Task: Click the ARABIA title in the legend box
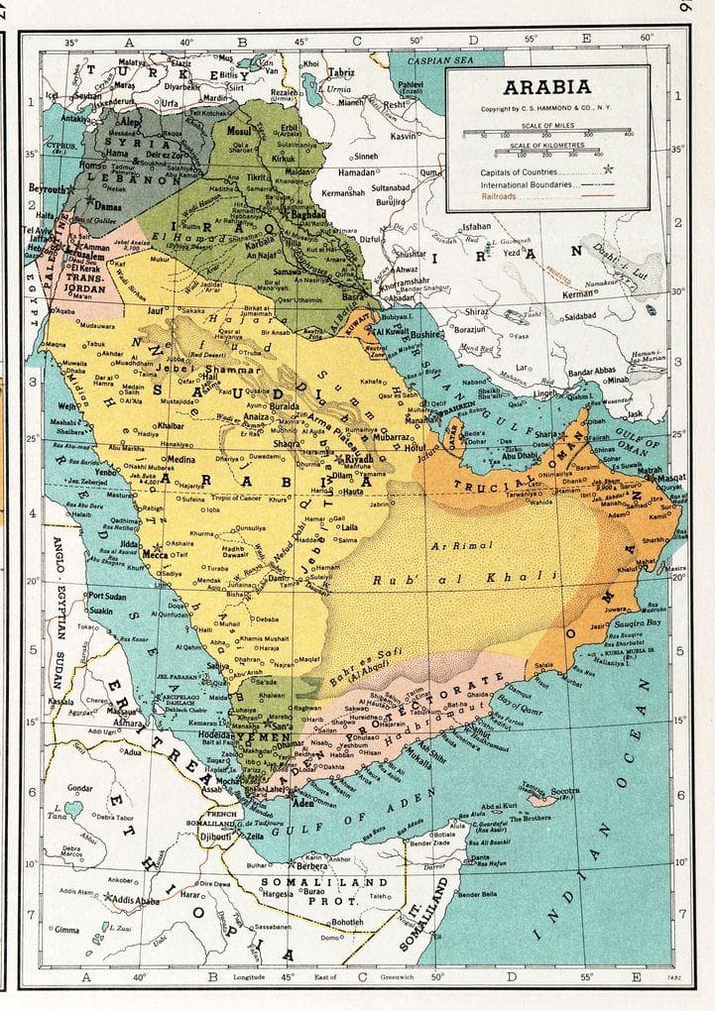pyautogui.click(x=547, y=87)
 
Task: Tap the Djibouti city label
pyautogui.click(x=215, y=837)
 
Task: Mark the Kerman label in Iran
pyautogui.click(x=579, y=293)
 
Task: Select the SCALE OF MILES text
pyautogui.click(x=546, y=127)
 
